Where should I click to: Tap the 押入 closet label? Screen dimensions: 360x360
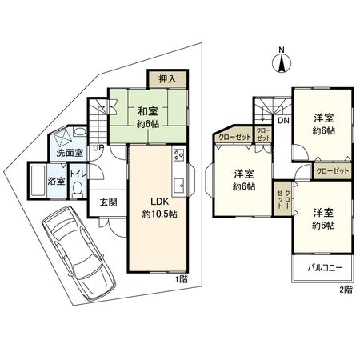tap(167, 79)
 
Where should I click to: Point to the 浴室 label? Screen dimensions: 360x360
tap(56, 181)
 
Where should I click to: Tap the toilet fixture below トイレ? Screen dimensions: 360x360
tap(78, 189)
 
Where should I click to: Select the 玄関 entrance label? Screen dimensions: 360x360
tap(108, 203)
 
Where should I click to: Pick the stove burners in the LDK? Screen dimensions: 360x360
tap(178, 156)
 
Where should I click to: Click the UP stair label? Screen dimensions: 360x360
tap(97, 148)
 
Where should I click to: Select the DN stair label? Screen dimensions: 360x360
tap(284, 121)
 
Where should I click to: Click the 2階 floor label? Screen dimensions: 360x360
tap(345, 289)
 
